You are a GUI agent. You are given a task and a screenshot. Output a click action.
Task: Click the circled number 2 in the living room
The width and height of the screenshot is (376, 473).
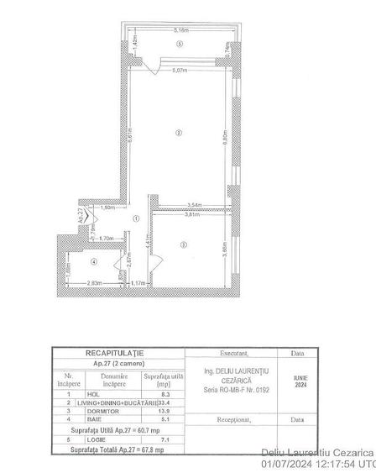[x=178, y=133]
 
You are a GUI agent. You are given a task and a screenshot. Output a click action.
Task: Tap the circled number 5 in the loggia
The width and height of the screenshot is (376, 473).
[x=180, y=45]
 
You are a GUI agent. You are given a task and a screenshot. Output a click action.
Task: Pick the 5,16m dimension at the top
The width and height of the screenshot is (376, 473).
[x=180, y=31]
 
